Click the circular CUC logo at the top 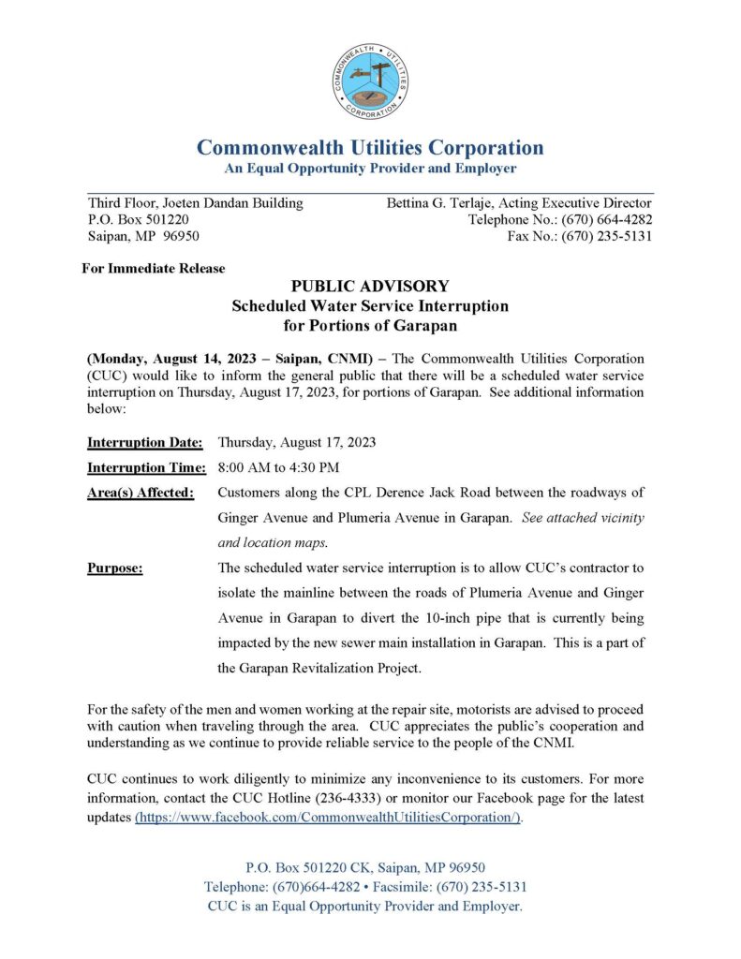pyautogui.click(x=370, y=81)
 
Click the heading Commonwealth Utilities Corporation pyautogui.click(x=370, y=148)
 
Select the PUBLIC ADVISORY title pyautogui.click(x=370, y=287)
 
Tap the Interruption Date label pyautogui.click(x=145, y=442)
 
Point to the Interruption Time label pyautogui.click(x=146, y=467)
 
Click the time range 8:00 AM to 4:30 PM pyautogui.click(x=278, y=467)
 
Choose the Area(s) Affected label pyautogui.click(x=141, y=493)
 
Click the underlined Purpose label pyautogui.click(x=115, y=568)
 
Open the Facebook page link pyautogui.click(x=329, y=817)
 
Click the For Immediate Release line pyautogui.click(x=154, y=268)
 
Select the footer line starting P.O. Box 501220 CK pyautogui.click(x=365, y=867)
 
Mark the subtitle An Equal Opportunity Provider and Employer pyautogui.click(x=370, y=169)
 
